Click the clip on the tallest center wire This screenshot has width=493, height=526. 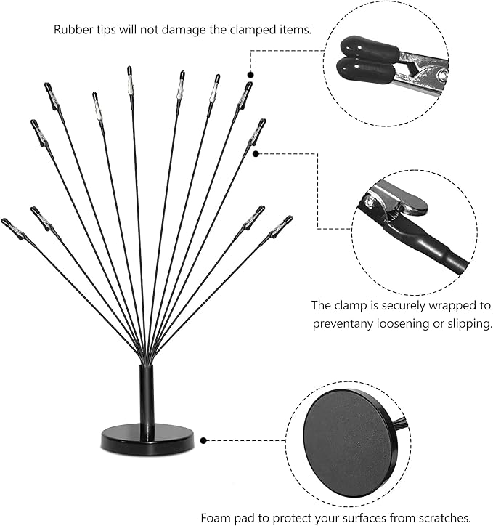(130, 74)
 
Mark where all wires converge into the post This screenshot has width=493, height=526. (147, 356)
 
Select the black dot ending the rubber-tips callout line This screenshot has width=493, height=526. (250, 74)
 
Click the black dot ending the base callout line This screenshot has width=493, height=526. (205, 440)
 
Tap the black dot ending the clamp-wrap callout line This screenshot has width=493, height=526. (255, 154)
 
